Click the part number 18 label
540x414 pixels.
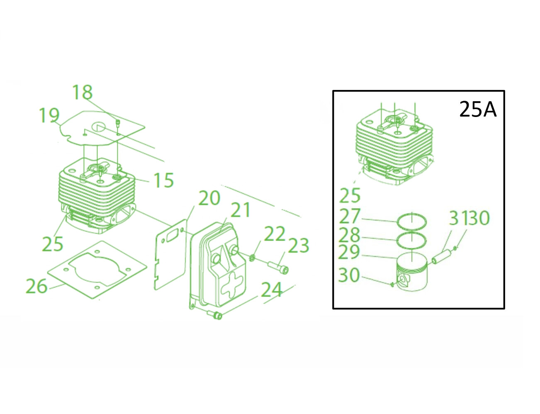pos(82,92)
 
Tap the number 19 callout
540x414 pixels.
pos(49,115)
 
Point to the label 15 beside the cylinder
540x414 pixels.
pos(163,180)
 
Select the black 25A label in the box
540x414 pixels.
pos(478,110)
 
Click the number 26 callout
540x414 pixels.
pos(36,286)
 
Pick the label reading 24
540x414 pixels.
pos(272,290)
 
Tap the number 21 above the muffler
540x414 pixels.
pos(240,210)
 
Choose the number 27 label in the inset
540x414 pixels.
pos(349,216)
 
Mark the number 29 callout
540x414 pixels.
pos(349,252)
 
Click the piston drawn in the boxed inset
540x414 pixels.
pos(411,272)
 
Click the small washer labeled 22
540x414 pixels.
pos(252,258)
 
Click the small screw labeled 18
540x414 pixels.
pos(118,124)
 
